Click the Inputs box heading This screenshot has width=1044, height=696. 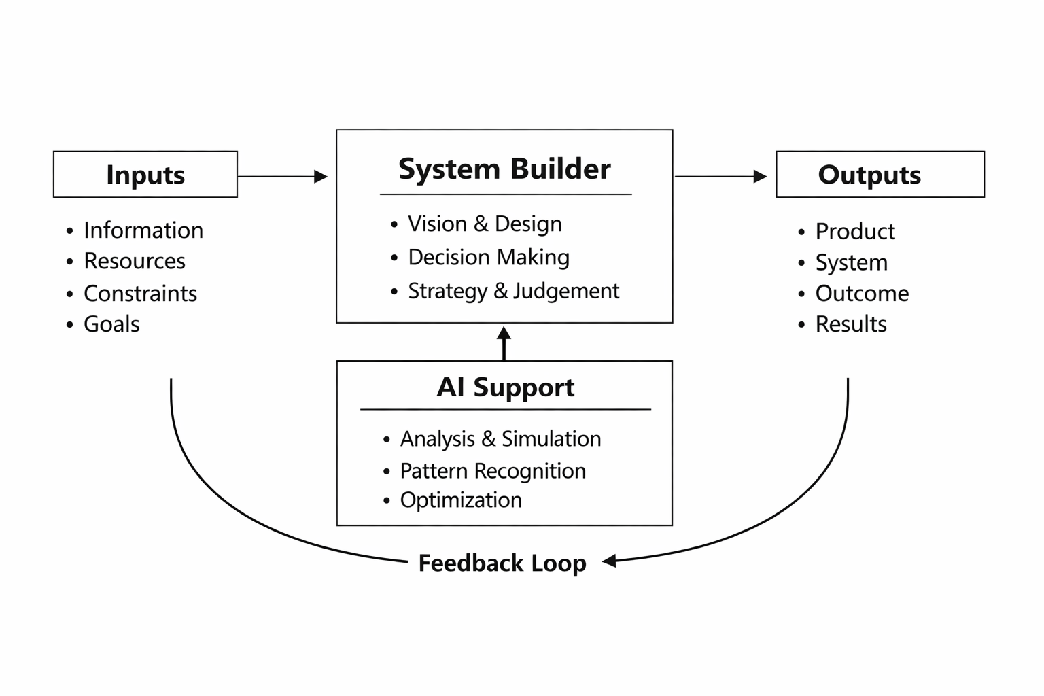click(145, 175)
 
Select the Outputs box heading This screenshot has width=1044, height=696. click(869, 175)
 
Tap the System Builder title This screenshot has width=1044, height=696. click(504, 169)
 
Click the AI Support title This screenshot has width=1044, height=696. click(505, 387)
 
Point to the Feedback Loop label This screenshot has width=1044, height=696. click(502, 563)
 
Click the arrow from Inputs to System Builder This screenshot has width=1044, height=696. click(282, 177)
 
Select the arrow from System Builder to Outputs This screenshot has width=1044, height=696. click(720, 177)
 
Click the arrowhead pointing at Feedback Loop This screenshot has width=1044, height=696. click(610, 561)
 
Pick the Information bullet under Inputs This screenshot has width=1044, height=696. click(143, 230)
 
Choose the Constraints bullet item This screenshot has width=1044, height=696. click(140, 294)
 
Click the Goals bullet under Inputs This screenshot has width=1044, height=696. click(111, 324)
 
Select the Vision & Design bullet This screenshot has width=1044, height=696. click(485, 224)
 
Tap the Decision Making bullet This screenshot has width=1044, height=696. click(488, 258)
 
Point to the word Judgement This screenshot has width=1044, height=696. click(566, 291)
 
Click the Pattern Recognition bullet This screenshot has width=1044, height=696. click(492, 471)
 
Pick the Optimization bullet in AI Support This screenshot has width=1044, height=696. click(461, 500)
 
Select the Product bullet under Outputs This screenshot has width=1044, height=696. click(854, 232)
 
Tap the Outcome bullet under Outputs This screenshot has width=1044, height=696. click(861, 294)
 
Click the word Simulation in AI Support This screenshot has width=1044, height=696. click(551, 439)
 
